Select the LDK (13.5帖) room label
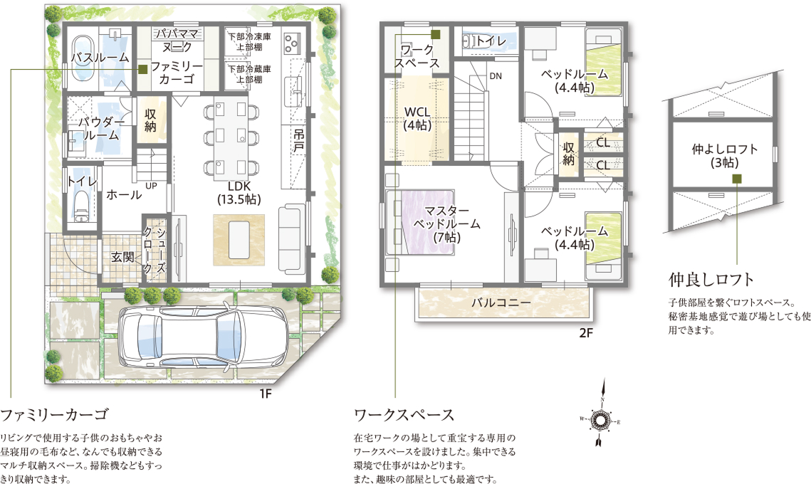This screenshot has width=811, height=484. (239, 192)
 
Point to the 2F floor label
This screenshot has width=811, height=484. (585, 333)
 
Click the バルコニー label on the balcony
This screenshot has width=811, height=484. (501, 302)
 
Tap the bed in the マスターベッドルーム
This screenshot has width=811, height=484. (420, 222)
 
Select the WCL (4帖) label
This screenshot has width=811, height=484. (417, 118)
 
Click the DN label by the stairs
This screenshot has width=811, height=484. (496, 76)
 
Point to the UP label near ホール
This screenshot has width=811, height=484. (151, 185)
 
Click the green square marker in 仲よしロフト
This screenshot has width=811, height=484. (737, 179)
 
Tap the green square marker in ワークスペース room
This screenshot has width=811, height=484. (436, 34)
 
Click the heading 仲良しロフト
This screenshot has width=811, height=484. (711, 280)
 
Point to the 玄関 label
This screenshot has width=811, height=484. (122, 257)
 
